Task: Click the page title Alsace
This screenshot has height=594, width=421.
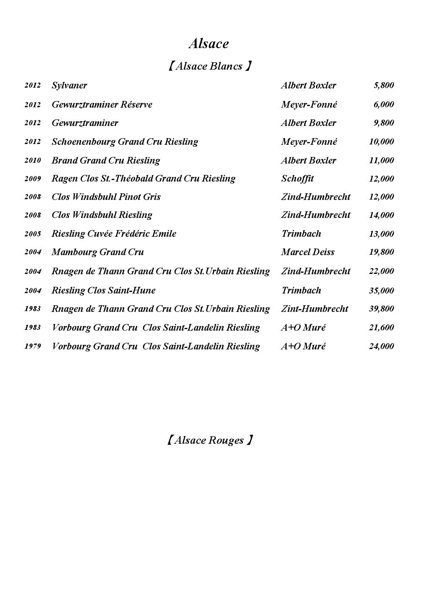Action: pos(208,43)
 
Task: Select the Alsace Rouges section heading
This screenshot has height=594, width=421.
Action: pos(209,440)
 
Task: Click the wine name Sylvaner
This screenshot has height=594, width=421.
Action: pos(69,85)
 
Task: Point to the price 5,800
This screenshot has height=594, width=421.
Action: pos(383,85)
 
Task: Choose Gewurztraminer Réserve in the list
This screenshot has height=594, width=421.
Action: pos(102,104)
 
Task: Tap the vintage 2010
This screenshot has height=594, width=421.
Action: pos(33,160)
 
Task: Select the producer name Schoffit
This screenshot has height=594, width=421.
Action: pos(297,179)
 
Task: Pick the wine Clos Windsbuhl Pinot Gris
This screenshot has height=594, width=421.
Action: pos(106,197)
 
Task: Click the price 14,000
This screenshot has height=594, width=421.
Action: pos(381,215)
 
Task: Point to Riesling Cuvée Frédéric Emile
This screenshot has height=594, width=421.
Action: pos(114,234)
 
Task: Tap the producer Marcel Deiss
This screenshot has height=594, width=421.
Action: pos(308,252)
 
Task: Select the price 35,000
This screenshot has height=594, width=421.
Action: pos(381,291)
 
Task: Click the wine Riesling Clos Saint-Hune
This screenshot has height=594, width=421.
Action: pos(103,290)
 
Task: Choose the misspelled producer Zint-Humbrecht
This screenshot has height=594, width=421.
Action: pos(314,309)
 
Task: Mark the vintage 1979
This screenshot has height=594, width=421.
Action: pos(33,346)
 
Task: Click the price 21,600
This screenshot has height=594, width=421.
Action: pos(381,328)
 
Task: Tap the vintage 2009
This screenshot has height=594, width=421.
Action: pos(33,179)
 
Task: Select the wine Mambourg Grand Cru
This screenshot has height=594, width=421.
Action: pos(98,252)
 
